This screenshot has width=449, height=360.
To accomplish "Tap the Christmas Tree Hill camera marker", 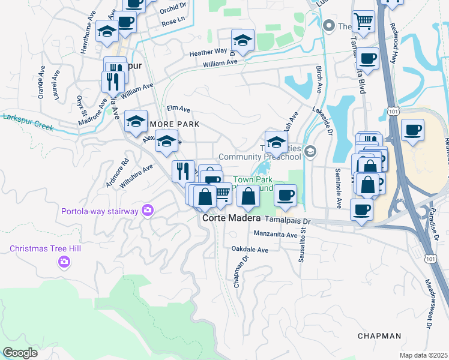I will coord(64,261).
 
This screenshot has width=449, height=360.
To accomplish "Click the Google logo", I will coord(20,352).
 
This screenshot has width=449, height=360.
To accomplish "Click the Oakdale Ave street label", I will coord(249,249).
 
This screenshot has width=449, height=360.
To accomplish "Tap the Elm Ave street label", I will coord(178,109).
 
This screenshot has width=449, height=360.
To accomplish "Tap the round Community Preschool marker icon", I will coord(310,150).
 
